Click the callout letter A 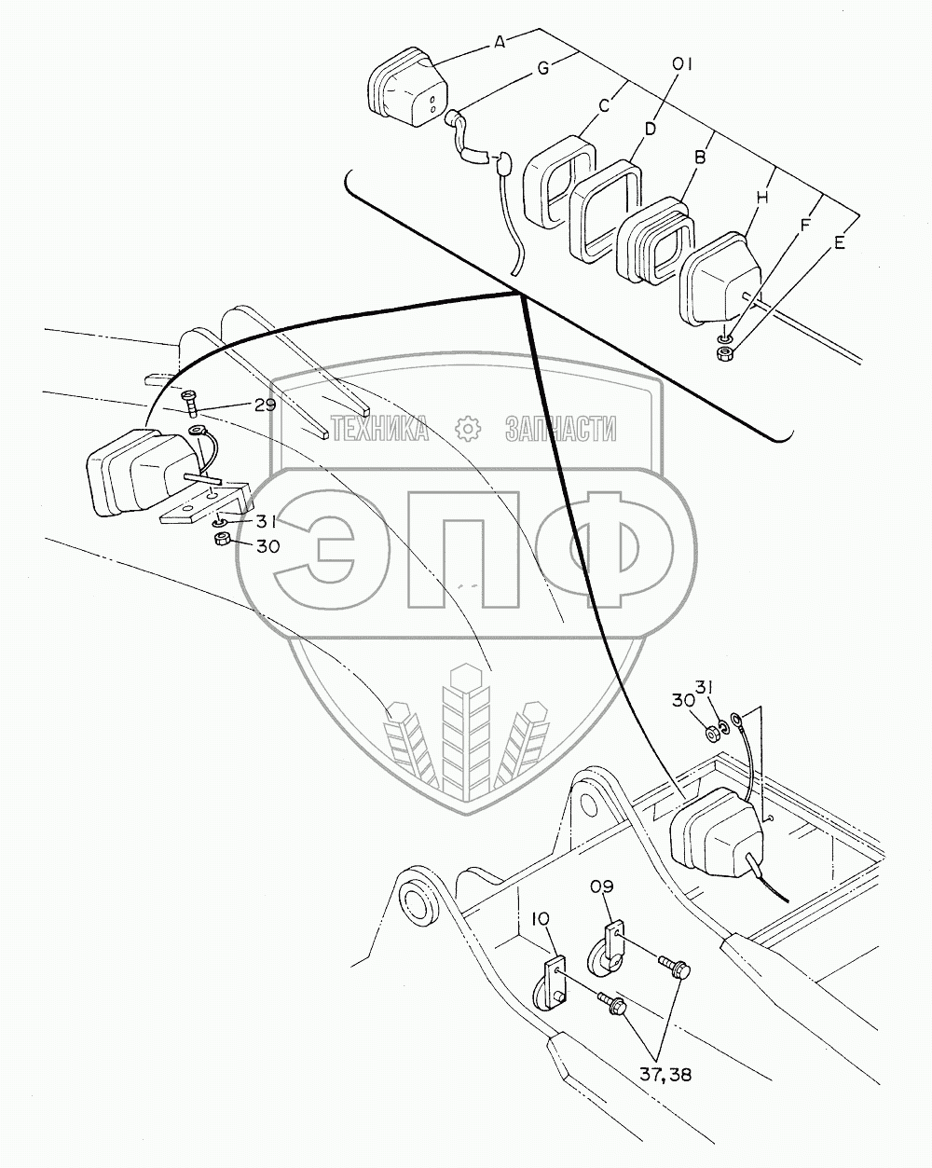tap(500, 42)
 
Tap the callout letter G tap(543, 67)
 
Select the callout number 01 tap(681, 64)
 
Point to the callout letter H tap(762, 198)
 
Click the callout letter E tap(839, 243)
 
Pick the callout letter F tap(805, 224)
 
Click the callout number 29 tap(265, 405)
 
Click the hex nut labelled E tap(723, 354)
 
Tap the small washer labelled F tap(724, 339)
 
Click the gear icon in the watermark tap(468, 428)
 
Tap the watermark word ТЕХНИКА tap(380, 429)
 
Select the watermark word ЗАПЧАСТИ tap(561, 429)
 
